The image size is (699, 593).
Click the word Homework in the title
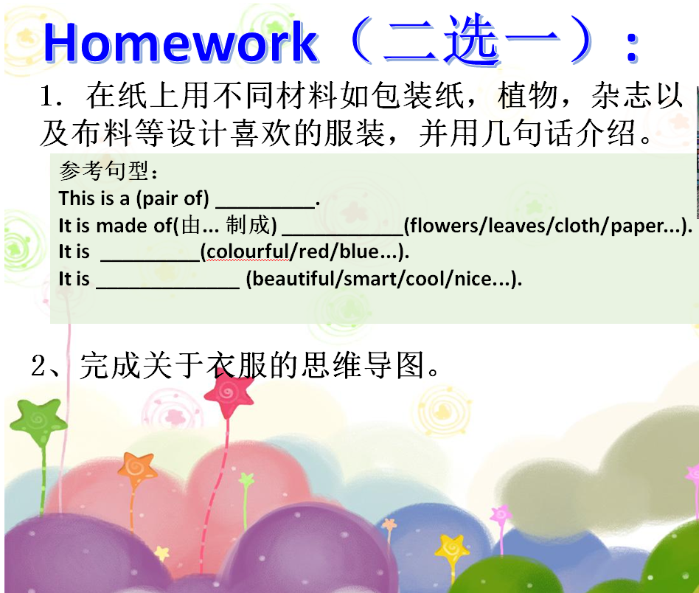181,42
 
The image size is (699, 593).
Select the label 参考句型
104,171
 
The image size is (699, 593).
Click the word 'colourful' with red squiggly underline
248,252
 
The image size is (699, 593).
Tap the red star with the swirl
229,394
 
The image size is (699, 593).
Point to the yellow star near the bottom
452,549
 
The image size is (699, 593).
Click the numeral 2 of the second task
39,366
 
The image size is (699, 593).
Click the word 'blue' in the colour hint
359,252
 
